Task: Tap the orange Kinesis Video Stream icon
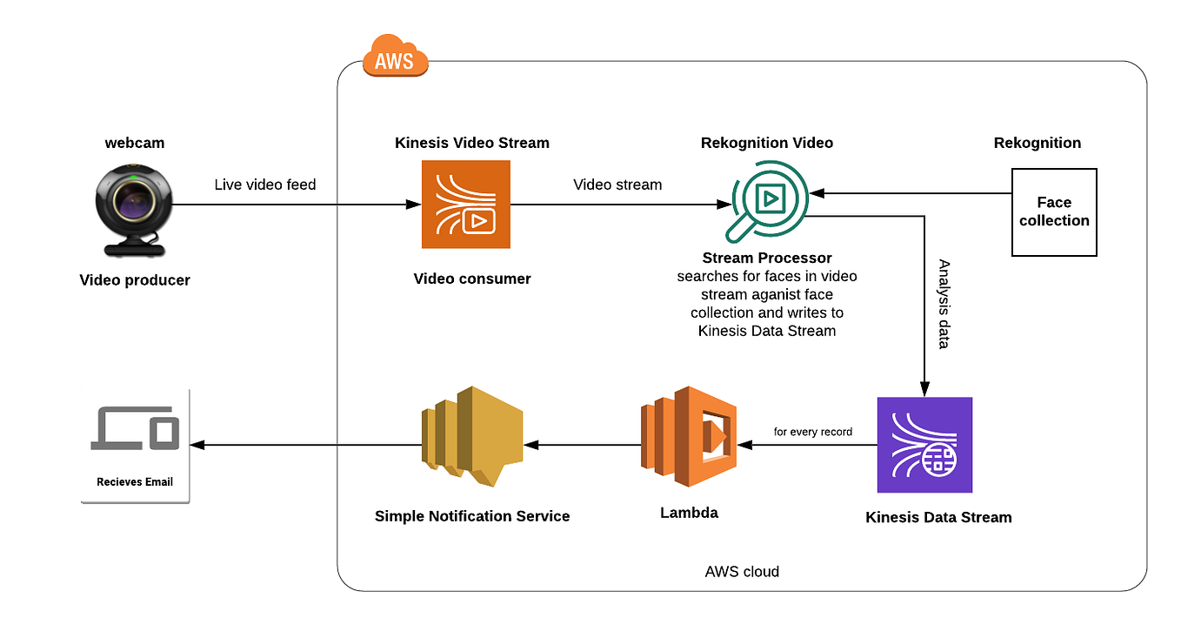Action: [465, 205]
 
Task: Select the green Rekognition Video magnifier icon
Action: [765, 204]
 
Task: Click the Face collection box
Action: [1054, 212]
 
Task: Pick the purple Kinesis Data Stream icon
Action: [924, 445]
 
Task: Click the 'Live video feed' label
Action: [265, 185]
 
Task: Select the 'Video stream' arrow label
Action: [617, 185]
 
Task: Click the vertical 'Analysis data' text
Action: [944, 304]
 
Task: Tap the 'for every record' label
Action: [813, 432]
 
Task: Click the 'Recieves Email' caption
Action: [135, 481]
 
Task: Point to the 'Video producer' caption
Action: [135, 279]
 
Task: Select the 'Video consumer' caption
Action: [472, 279]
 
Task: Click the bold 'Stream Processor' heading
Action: [767, 258]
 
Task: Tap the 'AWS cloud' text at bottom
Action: [742, 572]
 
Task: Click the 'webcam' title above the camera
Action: [135, 142]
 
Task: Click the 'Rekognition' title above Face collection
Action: [1038, 143]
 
